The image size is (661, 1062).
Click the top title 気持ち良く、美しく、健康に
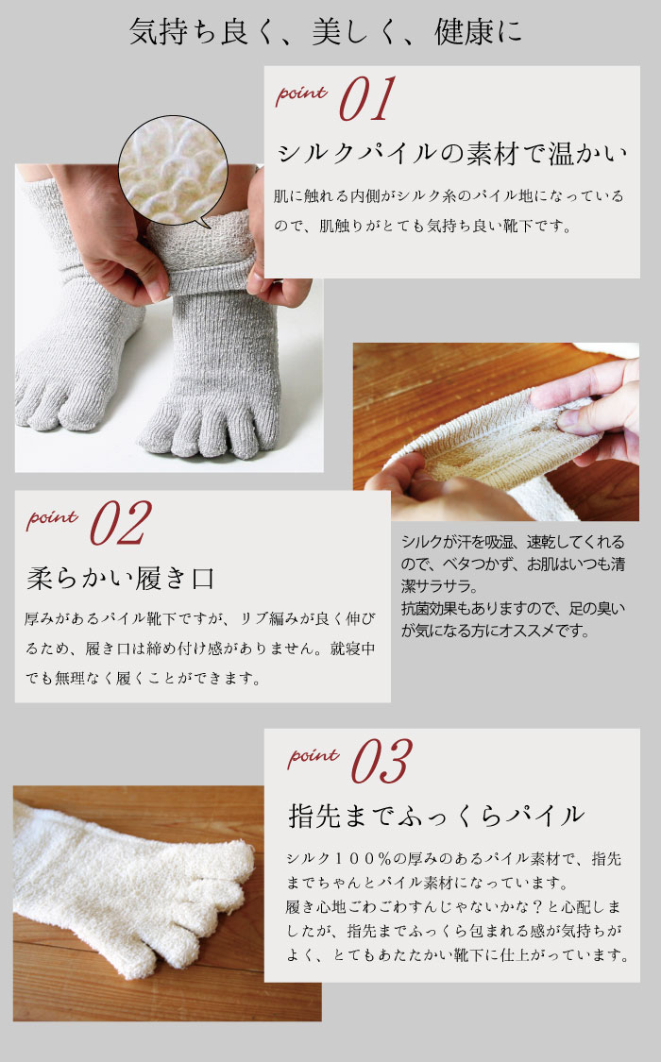pos(326,32)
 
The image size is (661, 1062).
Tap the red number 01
pos(367,98)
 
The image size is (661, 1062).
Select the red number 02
pos(121,523)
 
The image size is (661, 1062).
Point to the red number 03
pos(381,761)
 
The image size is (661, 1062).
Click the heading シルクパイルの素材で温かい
pos(451,154)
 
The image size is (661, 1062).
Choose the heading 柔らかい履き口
pos(121,579)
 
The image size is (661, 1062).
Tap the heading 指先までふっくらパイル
pos(435,816)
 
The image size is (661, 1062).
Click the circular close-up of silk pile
pos(173,169)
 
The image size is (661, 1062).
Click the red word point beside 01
pos(301,94)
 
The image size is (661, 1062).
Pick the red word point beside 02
pos(52,519)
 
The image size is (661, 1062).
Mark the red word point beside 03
pos(313,756)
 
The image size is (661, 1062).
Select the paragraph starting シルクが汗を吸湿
pos(514,586)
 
